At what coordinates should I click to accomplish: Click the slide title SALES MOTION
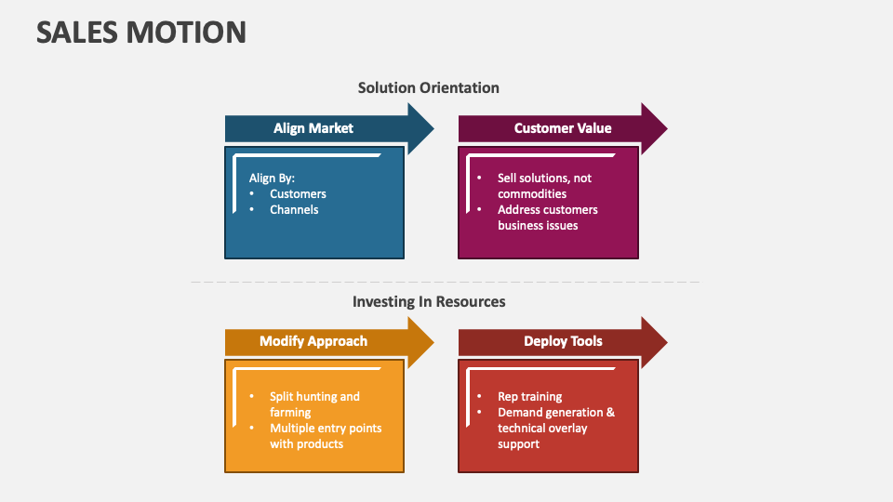[141, 32]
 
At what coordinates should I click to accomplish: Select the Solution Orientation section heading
[428, 87]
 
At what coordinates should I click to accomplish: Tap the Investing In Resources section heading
[428, 301]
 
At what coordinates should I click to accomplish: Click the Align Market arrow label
[313, 128]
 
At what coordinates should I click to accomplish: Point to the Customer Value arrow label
[562, 128]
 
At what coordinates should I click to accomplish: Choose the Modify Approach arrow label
[313, 341]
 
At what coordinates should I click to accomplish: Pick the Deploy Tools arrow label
[562, 341]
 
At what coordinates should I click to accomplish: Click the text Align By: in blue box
[272, 178]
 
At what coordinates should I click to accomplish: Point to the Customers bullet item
[298, 193]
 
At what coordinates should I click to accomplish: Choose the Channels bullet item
[294, 209]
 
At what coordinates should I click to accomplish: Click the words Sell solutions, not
[544, 178]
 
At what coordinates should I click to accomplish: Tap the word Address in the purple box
[520, 209]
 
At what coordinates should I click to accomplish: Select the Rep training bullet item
[529, 396]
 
